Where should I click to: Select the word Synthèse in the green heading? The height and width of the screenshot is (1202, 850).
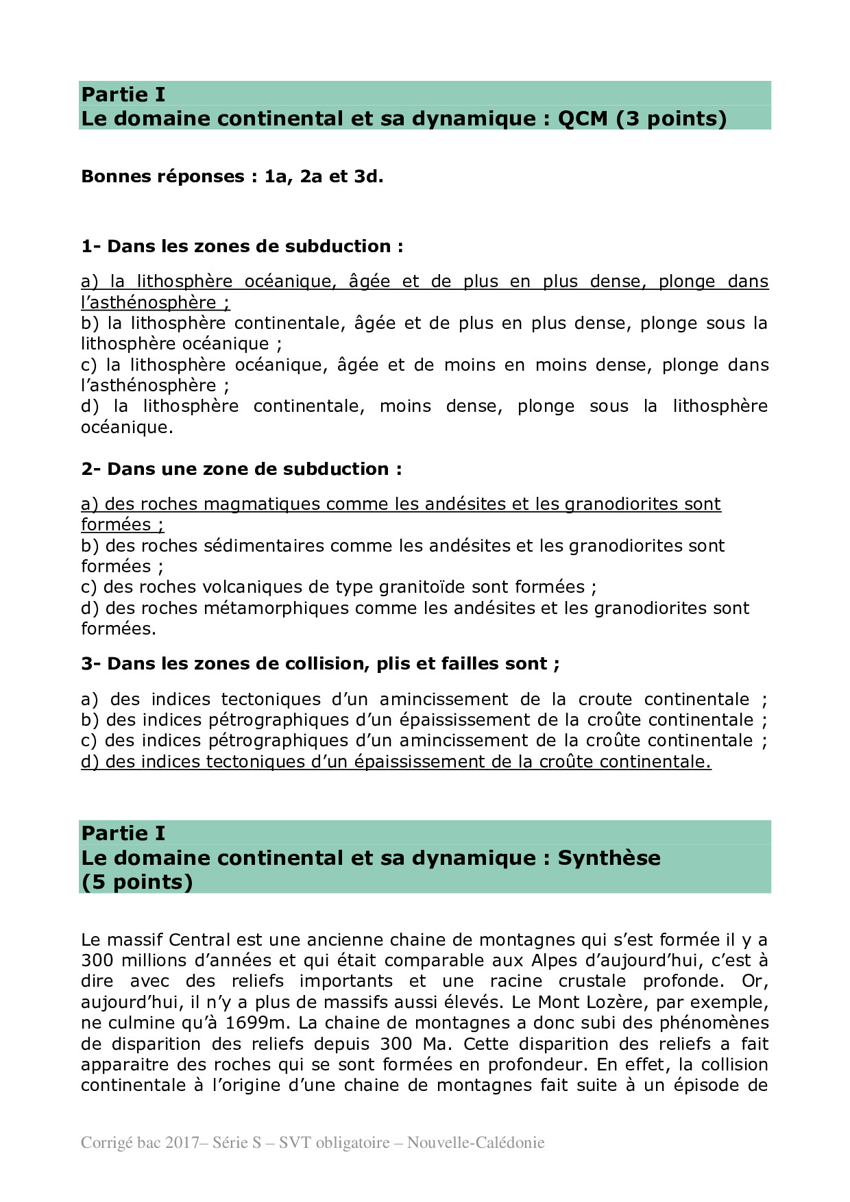click(x=609, y=858)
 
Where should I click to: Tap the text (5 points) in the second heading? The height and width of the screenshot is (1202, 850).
click(x=137, y=882)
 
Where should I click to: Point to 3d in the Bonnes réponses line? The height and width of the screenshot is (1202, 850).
click(x=368, y=177)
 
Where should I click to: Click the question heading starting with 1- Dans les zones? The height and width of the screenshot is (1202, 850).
click(x=242, y=247)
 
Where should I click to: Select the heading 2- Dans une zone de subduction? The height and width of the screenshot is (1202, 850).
click(x=241, y=469)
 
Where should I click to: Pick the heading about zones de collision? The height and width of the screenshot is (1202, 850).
click(x=320, y=664)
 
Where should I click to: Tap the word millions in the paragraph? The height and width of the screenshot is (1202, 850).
click(x=154, y=961)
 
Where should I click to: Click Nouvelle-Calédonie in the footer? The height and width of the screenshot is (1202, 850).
click(x=476, y=1143)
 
